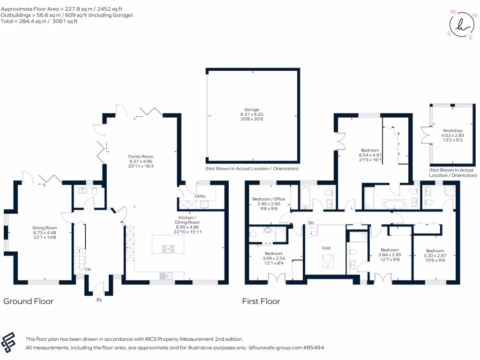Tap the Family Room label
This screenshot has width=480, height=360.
(141, 157)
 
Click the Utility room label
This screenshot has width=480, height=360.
(200, 196)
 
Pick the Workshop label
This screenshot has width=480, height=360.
(452, 130)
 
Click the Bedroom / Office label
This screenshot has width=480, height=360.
(269, 199)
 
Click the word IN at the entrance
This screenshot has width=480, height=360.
(98, 300)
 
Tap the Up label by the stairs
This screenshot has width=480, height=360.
(88, 269)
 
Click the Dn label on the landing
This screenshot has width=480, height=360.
(310, 222)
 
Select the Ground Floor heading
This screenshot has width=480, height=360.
(29, 301)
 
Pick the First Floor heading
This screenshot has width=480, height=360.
(261, 301)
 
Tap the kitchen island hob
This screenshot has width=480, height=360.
(168, 248)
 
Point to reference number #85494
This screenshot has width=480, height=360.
(314, 348)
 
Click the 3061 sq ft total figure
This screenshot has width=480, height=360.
(66, 21)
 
